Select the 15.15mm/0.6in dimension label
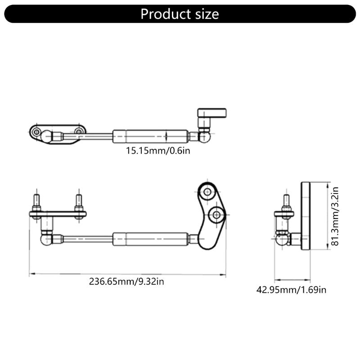point(157,150)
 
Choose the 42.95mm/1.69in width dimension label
point(291,289)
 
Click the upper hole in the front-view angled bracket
point(207,193)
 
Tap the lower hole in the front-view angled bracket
point(217,215)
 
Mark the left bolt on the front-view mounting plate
point(36,202)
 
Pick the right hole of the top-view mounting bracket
point(79,131)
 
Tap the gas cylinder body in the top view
point(150,135)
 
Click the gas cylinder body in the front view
point(150,238)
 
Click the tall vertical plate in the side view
point(307,216)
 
